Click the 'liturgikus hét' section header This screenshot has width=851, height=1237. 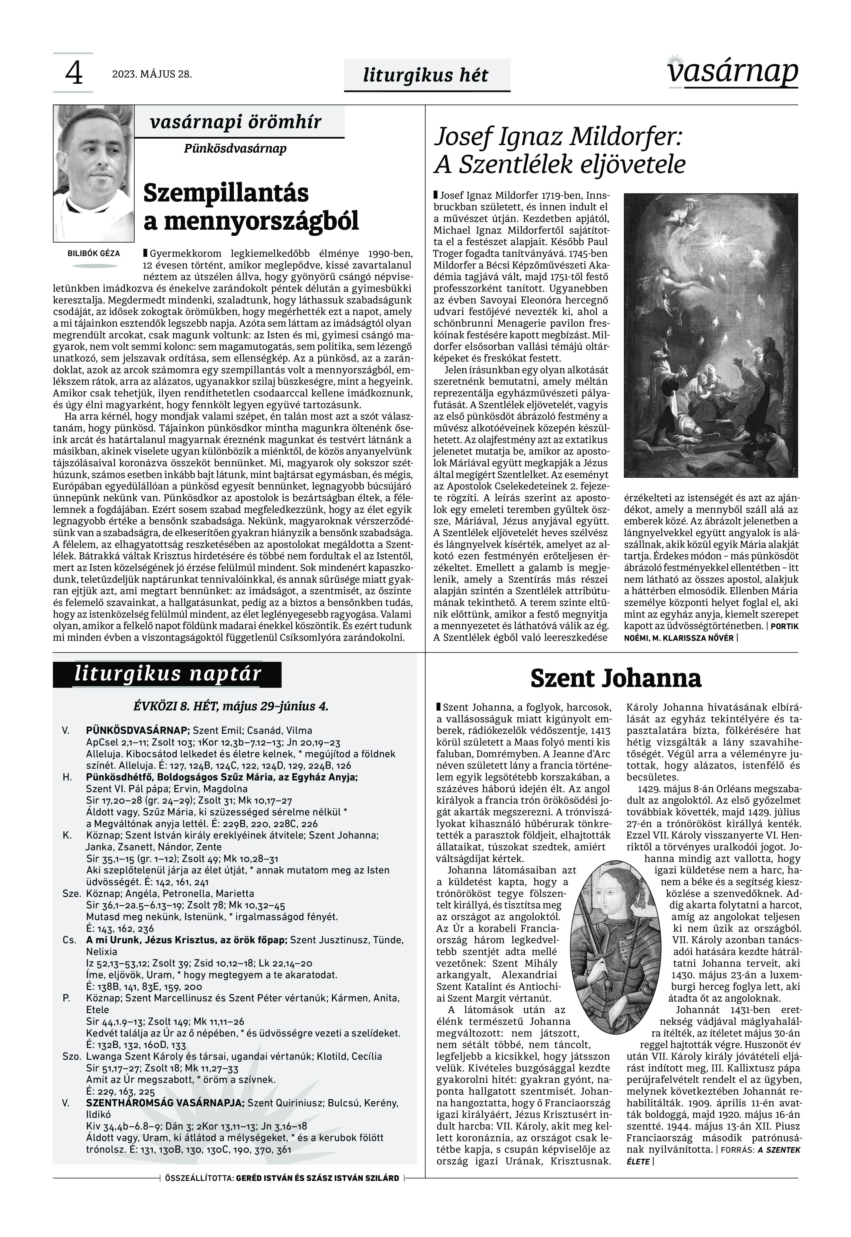click(425, 75)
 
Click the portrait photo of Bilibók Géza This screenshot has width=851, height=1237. click(93, 173)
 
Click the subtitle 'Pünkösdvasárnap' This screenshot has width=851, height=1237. click(235, 148)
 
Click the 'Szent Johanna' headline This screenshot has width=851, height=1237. click(616, 678)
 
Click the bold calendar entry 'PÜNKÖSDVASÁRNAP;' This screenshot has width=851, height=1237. click(138, 731)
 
